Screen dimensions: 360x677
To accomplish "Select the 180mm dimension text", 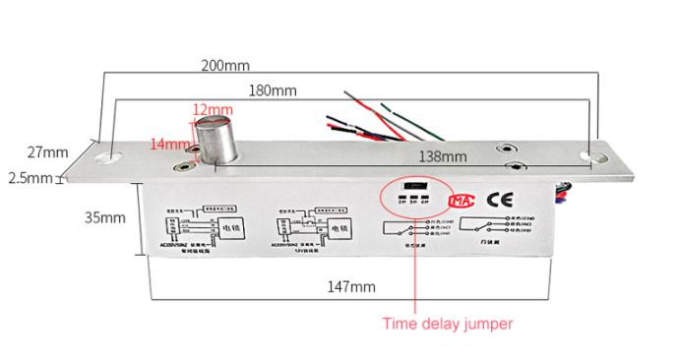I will tap(272, 90).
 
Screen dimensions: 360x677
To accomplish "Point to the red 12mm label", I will tap(213, 108).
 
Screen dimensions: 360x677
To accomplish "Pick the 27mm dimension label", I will tap(47, 152).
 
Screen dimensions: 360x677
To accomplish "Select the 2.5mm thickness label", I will tap(30, 178).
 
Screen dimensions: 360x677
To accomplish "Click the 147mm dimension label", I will tap(351, 287).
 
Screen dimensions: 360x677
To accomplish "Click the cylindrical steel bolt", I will tap(215, 139).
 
